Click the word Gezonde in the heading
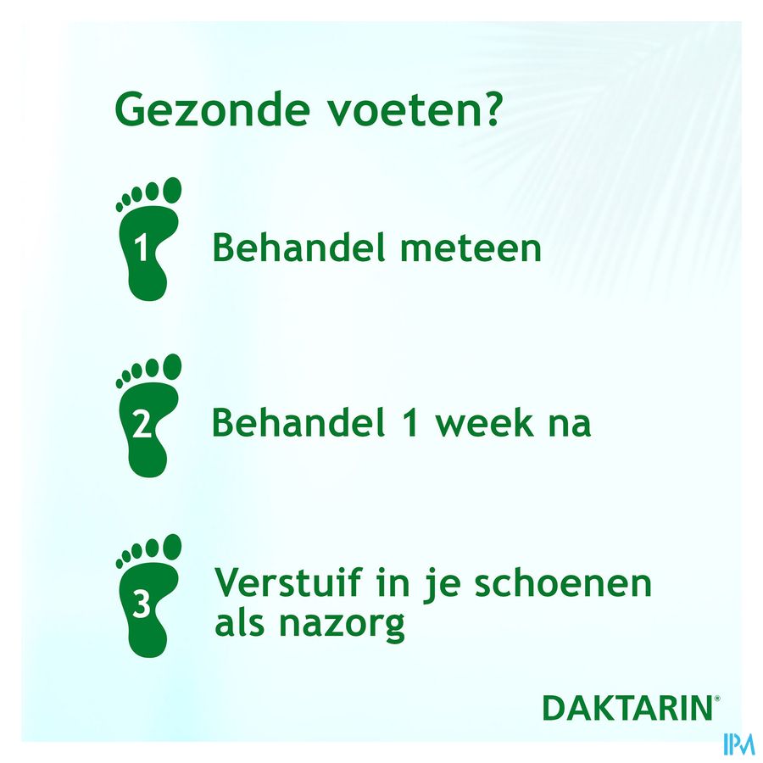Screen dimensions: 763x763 click(212, 110)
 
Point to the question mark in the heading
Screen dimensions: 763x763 click(488, 108)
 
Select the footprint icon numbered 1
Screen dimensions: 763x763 click(148, 239)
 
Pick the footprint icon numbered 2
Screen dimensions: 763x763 click(148, 415)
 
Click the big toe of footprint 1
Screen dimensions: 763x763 click(172, 190)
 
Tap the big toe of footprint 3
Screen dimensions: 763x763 click(172, 547)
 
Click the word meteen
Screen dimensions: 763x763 click(471, 248)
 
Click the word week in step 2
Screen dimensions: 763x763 click(484, 422)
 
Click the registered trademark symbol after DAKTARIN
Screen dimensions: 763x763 click(716, 699)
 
